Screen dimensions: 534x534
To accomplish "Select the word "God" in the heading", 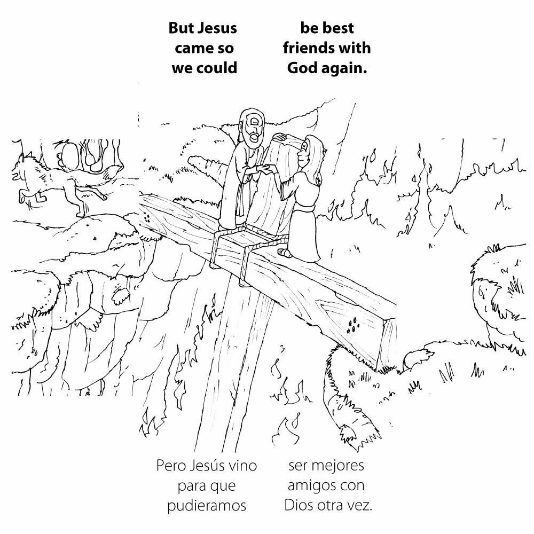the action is pos(303,68).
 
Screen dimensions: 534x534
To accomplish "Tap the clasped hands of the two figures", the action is pos(264,169).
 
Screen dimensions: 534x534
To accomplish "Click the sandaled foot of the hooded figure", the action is pos(286,251).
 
